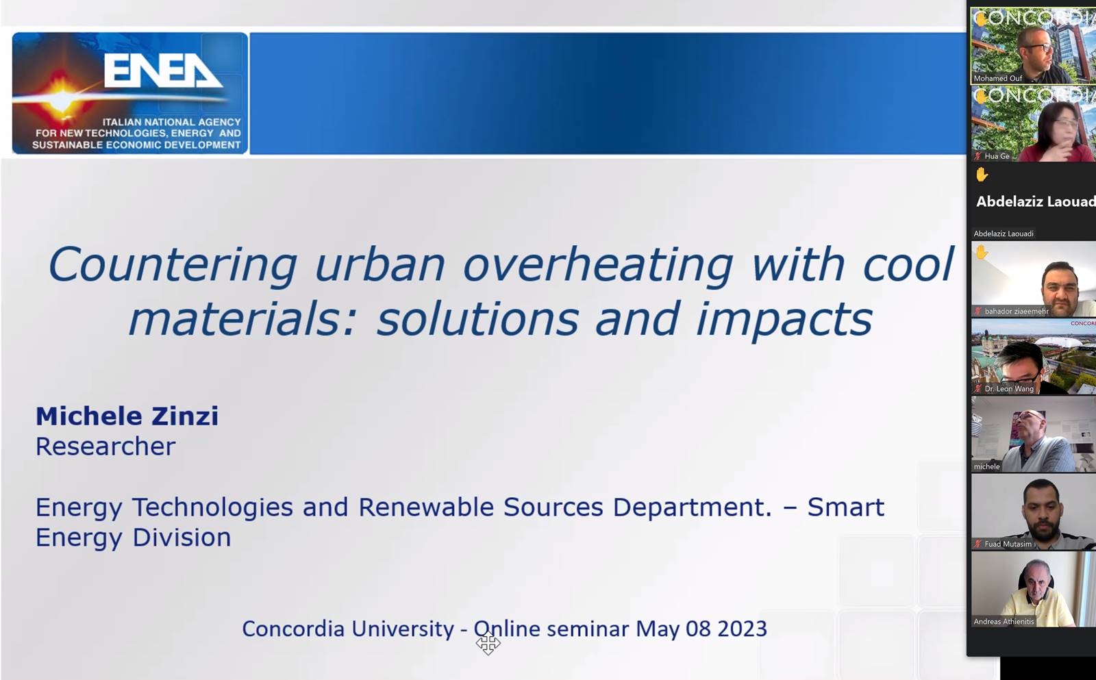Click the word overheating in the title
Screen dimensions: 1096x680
point(597,264)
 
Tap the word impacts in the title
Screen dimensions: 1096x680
point(784,320)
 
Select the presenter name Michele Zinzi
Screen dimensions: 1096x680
point(127,416)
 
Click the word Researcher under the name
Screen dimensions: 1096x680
point(105,446)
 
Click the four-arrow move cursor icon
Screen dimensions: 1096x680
point(488,643)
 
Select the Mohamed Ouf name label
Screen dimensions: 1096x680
point(997,78)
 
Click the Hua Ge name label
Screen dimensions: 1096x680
point(997,156)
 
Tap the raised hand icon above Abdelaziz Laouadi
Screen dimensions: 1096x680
point(982,175)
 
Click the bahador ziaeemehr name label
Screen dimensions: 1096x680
point(1017,311)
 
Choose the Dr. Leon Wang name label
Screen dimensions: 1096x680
point(1009,389)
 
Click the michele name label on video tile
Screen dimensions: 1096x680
point(986,467)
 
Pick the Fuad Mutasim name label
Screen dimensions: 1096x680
point(1008,544)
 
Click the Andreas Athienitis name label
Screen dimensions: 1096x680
point(1004,622)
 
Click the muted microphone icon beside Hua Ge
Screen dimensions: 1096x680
point(977,156)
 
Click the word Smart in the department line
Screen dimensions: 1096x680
point(845,507)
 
